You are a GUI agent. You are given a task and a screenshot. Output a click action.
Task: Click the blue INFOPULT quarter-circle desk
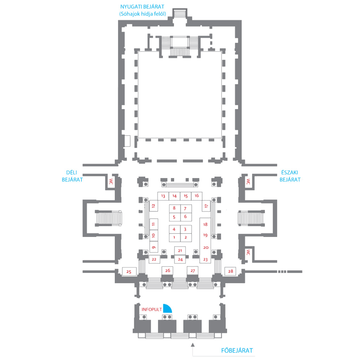pos(167,309)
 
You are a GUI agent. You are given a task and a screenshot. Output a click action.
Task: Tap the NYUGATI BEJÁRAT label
pos(142,10)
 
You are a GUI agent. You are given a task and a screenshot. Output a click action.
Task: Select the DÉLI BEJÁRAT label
pos(72,176)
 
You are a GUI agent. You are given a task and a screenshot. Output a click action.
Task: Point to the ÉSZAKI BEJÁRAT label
pos(290,176)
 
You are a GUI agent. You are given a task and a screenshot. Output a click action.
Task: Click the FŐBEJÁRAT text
pos(237,351)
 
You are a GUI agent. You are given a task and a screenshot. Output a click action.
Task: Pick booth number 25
pos(129,271)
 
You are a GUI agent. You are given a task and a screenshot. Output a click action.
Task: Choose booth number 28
pos(230,271)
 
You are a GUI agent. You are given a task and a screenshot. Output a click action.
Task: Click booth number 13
pos(163,196)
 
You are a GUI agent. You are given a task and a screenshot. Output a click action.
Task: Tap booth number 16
pos(197,195)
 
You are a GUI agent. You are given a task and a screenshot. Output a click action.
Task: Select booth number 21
pos(180,251)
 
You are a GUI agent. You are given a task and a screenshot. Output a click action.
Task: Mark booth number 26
pos(167,270)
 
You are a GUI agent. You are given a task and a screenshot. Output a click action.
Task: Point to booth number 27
pos(193,270)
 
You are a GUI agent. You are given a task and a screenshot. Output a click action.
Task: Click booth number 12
pos(154,206)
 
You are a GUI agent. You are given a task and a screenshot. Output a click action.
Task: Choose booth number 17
pos(206,206)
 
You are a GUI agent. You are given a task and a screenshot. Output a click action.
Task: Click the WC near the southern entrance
pos(111,182)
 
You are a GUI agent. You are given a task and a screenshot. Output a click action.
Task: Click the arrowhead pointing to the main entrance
pos(193,345)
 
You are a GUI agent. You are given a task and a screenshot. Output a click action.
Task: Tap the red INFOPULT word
pos(152,309)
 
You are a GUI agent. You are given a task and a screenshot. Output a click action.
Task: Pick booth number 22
pos(154,259)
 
